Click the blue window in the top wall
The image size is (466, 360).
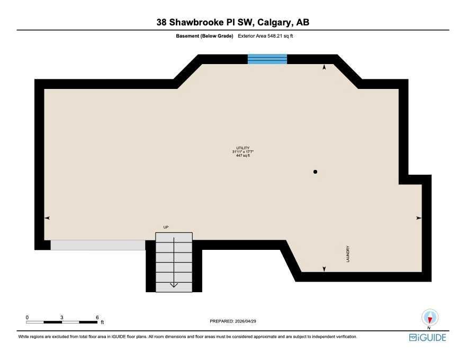(x=267, y=59)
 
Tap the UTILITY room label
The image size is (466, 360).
(x=243, y=148)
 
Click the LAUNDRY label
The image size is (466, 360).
(x=348, y=254)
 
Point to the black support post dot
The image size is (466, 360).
(x=315, y=172)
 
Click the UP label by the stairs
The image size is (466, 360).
(x=166, y=227)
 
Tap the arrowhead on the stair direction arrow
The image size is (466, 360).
(x=174, y=285)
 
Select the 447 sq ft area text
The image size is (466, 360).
(x=243, y=155)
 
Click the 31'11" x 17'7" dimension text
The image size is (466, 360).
(x=243, y=152)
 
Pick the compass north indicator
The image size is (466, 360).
(x=430, y=318)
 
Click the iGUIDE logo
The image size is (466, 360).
(x=428, y=338)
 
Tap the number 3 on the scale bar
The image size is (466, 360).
(x=62, y=318)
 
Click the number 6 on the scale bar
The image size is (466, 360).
(x=97, y=318)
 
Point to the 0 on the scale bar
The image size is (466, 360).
(x=27, y=318)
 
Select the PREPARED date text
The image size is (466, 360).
(x=233, y=321)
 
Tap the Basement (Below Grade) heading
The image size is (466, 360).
(x=204, y=36)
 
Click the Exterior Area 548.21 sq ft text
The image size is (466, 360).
(x=265, y=36)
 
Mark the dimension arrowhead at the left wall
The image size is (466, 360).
(x=47, y=218)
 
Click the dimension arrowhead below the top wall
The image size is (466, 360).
(x=324, y=67)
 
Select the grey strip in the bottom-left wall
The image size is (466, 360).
(x=98, y=245)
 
